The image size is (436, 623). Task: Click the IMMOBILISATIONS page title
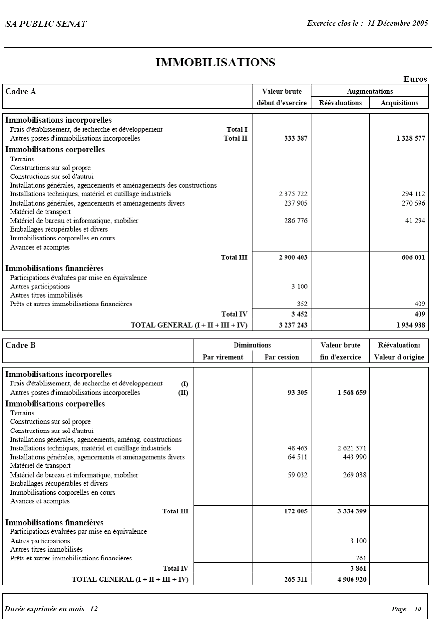pyautogui.click(x=216, y=63)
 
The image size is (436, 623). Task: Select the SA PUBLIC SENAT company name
pyautogui.click(x=46, y=24)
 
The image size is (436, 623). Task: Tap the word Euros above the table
pyautogui.click(x=415, y=80)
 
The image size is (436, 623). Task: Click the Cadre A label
pyautogui.click(x=21, y=91)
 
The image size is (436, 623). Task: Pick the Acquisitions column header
pyautogui.click(x=399, y=103)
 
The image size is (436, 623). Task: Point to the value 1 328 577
pyautogui.click(x=410, y=139)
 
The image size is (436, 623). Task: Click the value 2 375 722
pyautogui.click(x=293, y=194)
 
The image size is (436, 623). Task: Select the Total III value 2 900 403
pyautogui.click(x=293, y=257)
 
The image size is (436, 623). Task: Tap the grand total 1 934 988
pyautogui.click(x=410, y=325)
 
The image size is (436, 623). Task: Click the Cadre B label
pyautogui.click(x=20, y=345)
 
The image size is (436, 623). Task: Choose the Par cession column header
pyautogui.click(x=282, y=357)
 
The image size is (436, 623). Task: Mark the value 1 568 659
pyautogui.click(x=352, y=393)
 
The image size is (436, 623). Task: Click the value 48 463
pyautogui.click(x=297, y=448)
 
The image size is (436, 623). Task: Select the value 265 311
pyautogui.click(x=296, y=579)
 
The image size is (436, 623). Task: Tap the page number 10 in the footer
pyautogui.click(x=418, y=609)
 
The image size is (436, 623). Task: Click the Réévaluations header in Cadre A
pyautogui.click(x=340, y=103)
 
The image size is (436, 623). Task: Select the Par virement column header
pyautogui.click(x=223, y=357)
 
